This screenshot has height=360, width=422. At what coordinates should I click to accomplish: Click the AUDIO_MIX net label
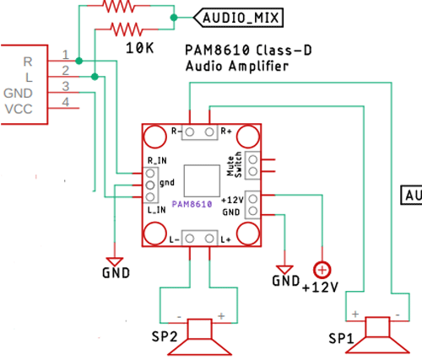click(232, 17)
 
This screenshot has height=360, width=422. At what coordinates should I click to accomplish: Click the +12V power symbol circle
click(322, 270)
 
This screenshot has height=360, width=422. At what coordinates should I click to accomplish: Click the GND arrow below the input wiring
click(114, 261)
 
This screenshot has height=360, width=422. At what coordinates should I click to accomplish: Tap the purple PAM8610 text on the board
click(192, 204)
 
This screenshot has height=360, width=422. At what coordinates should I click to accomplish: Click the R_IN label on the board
click(156, 158)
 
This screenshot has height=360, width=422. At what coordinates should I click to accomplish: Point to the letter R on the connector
click(28, 61)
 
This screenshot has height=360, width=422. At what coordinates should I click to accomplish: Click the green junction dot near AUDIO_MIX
click(174, 16)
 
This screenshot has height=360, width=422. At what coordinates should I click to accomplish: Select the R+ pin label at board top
click(225, 132)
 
